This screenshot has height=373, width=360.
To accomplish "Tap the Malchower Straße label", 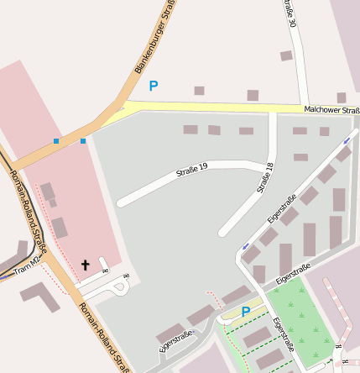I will (x=331, y=109).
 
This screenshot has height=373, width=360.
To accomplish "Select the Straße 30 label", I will (x=290, y=12).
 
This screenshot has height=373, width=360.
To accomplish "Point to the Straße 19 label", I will (x=191, y=171).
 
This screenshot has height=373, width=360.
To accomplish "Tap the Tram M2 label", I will (x=28, y=270).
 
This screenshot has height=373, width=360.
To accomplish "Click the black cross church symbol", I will (x=85, y=265).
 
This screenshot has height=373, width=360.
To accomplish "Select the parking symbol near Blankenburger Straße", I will (x=153, y=86).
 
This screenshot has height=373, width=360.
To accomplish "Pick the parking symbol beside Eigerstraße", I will (x=246, y=312).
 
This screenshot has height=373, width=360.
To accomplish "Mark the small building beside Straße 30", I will (x=286, y=55).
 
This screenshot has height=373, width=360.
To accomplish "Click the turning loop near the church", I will (x=119, y=287).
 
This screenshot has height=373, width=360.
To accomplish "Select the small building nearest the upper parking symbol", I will (x=199, y=90).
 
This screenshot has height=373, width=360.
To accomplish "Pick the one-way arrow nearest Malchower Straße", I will (x=347, y=140).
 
